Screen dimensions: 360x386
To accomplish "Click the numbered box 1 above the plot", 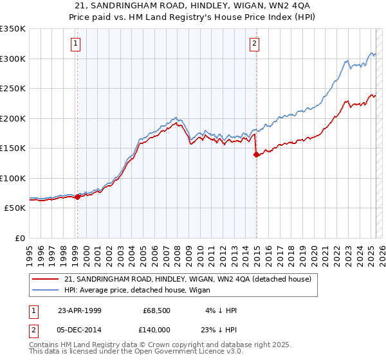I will point(76,44).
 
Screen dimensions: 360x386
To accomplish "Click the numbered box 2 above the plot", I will point(255,44).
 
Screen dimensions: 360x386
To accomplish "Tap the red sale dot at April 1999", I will point(78,197).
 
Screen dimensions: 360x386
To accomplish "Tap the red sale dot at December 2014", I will point(257,154).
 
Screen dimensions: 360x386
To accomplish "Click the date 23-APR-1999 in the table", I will point(78,310).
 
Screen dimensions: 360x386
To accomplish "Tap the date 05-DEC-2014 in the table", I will point(79,328).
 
